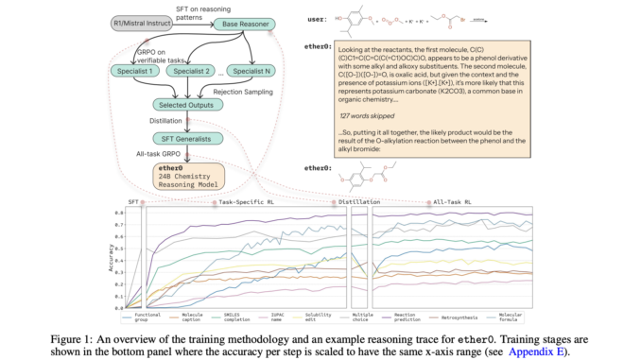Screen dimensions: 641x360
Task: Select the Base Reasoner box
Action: click(x=245, y=20)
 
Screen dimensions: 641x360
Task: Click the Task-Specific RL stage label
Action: click(x=249, y=202)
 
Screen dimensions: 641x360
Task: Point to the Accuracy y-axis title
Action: click(x=111, y=257)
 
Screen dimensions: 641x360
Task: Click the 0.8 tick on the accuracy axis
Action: click(x=120, y=213)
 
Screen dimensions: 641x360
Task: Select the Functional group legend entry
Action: click(x=147, y=317)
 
